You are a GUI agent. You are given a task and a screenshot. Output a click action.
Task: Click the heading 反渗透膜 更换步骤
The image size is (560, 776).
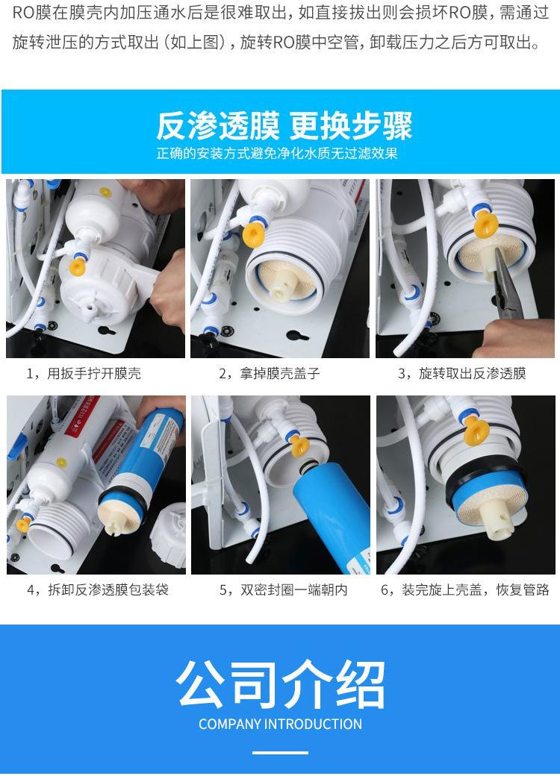(284, 125)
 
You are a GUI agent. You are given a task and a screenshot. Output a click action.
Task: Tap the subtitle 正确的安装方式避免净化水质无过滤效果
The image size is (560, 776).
(277, 154)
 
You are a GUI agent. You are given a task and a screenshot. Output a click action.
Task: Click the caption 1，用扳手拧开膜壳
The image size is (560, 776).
(84, 373)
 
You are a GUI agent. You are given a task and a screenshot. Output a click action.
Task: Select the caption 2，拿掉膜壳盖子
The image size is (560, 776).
(270, 373)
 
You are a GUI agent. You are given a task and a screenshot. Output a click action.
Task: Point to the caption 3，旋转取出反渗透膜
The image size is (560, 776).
(461, 373)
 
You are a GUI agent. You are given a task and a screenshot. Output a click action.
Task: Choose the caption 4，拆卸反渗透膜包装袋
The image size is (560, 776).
(98, 589)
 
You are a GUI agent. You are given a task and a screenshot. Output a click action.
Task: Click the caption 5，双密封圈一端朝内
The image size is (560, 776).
(283, 589)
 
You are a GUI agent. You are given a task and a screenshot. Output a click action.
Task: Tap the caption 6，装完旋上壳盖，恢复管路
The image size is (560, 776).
(465, 589)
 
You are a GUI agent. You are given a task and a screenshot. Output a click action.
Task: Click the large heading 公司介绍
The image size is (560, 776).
(280, 684)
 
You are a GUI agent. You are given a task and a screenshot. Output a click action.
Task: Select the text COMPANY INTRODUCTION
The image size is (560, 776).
(280, 724)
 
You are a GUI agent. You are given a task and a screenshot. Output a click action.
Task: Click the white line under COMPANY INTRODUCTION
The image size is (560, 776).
(280, 753)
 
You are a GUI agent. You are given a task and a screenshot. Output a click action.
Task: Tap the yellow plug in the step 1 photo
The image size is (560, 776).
(77, 266)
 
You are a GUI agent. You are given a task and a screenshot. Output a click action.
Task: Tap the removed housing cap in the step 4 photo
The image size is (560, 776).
(169, 534)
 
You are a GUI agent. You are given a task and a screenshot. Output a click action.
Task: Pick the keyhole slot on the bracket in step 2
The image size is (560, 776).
(296, 337)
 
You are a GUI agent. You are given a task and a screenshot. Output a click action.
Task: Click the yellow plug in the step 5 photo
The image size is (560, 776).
(299, 445)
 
